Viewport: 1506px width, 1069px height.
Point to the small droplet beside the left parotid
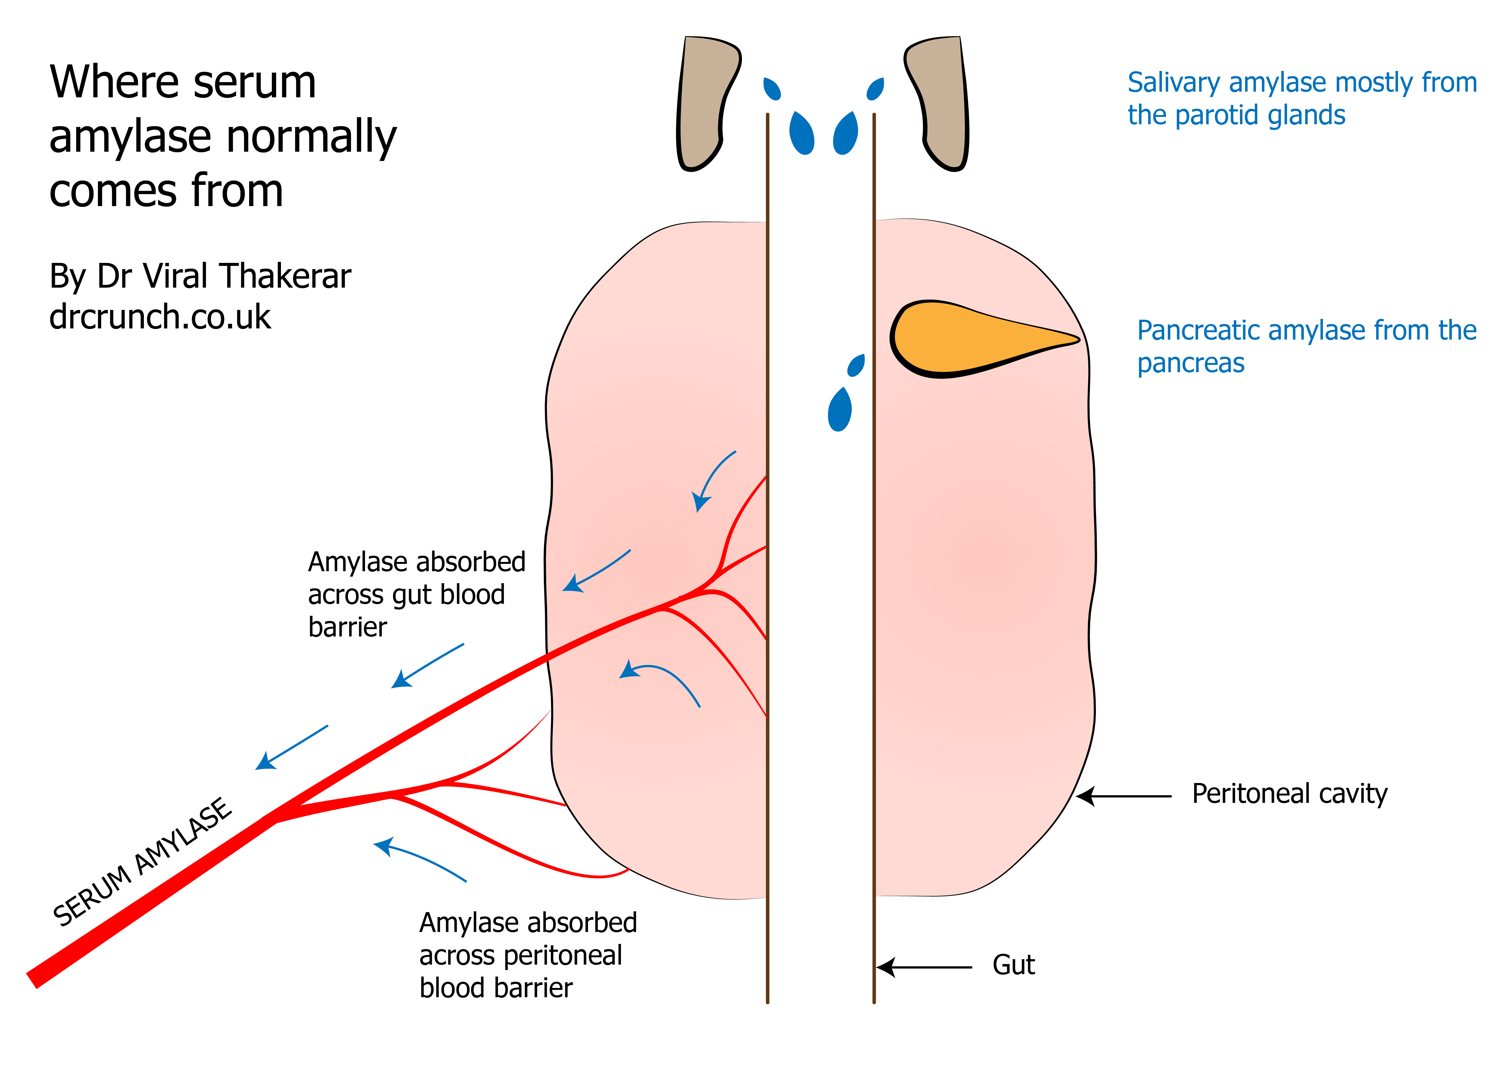772,89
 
